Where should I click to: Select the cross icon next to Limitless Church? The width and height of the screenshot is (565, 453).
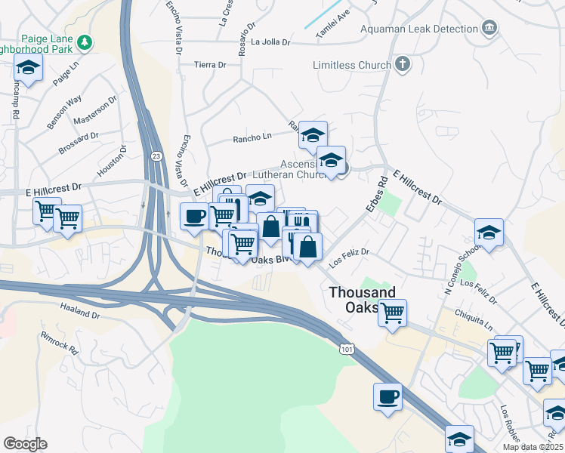[402, 64]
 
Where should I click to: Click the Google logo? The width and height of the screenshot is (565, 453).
[25, 444]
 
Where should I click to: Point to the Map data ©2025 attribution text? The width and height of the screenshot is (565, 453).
[533, 447]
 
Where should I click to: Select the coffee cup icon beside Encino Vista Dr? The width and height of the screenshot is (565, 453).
[194, 216]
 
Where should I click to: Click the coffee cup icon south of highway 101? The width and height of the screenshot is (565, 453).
[388, 396]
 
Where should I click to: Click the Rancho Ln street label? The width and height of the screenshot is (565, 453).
[252, 137]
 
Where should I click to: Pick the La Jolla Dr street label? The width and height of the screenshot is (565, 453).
[271, 42]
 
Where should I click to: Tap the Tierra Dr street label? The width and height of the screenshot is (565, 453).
[210, 65]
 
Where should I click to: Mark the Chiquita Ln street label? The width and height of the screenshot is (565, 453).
[474, 319]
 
